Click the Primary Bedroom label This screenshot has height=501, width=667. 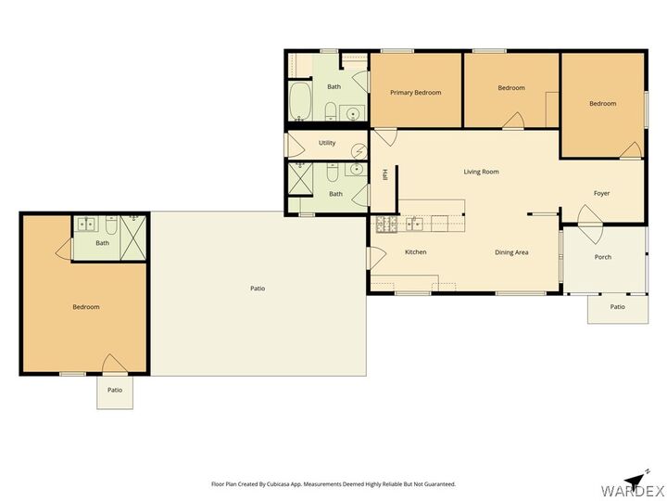tap(415, 93)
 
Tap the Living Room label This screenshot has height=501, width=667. tap(482, 172)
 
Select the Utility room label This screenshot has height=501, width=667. tap(327, 143)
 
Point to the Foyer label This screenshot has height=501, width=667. tap(602, 193)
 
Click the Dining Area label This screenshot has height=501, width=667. tap(511, 252)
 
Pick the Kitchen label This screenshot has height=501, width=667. tap(415, 252)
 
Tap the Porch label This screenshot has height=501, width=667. tap(603, 257)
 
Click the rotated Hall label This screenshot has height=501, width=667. tap(385, 173)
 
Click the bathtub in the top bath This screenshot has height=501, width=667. tap(300, 102)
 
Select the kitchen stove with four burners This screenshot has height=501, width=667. tap(386, 223)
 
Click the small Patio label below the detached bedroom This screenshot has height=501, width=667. tap(115, 390)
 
